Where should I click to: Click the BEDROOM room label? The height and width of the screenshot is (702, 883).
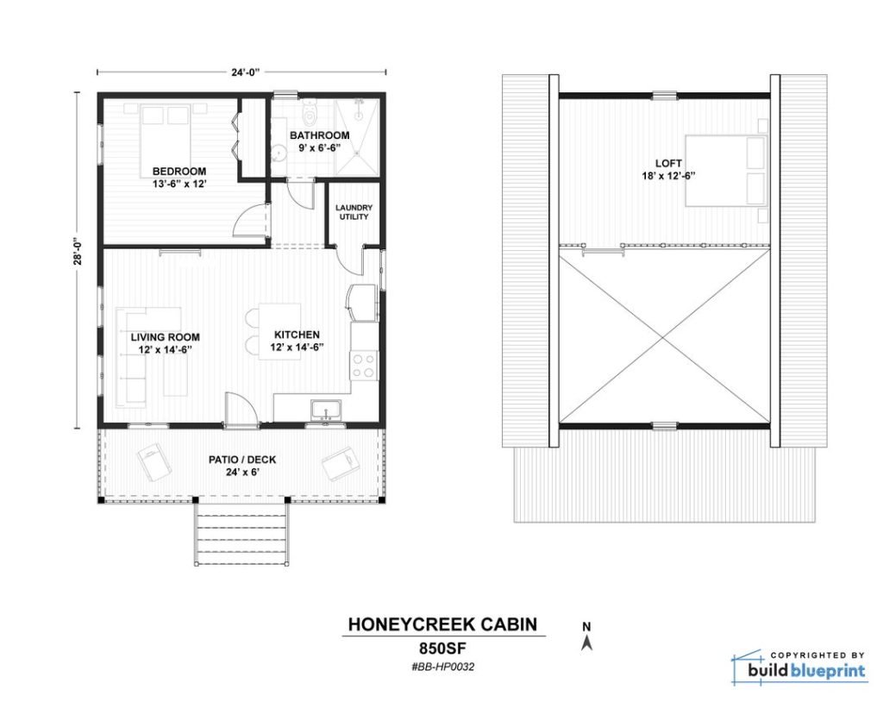click(x=179, y=172)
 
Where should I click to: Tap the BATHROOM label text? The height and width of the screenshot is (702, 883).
click(x=319, y=135)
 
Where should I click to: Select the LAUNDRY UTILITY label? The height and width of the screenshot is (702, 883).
click(x=354, y=212)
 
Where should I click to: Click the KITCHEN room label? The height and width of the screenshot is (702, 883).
click(x=297, y=335)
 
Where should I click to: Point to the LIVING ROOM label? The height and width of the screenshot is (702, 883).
click(x=165, y=337)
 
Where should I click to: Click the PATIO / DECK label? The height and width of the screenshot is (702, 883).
click(x=242, y=460)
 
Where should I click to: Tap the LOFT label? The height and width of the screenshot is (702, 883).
click(x=668, y=163)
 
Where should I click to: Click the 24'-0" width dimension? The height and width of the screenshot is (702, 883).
click(x=245, y=72)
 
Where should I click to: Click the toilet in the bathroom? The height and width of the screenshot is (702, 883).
click(x=310, y=113)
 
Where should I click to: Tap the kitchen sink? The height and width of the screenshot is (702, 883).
click(x=325, y=410)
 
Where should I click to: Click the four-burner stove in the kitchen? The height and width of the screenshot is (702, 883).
click(x=364, y=365)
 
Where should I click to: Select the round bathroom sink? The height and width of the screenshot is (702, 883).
click(x=279, y=153)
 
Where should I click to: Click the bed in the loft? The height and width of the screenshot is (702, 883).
click(x=726, y=170)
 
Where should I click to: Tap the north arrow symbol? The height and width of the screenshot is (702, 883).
click(x=586, y=642)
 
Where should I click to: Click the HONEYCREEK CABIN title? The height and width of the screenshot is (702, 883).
click(x=442, y=624)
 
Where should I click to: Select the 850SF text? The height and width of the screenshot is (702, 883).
click(x=442, y=647)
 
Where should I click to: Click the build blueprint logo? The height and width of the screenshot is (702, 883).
click(x=798, y=667)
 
